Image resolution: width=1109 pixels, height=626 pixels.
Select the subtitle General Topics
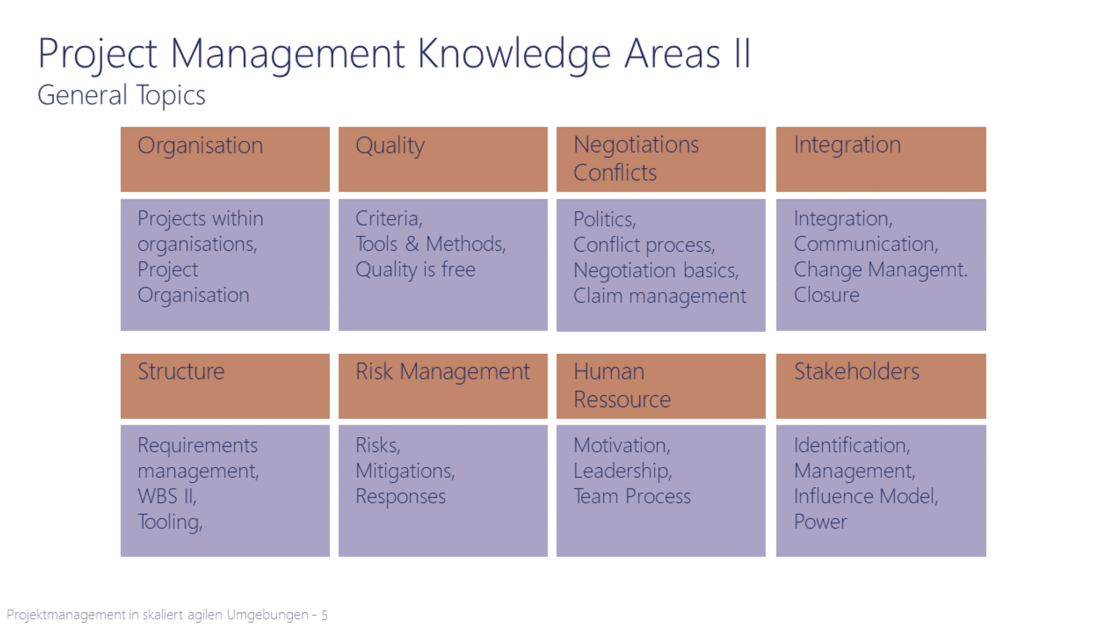[x=121, y=95]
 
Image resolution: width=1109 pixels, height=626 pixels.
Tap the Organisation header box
[x=225, y=159]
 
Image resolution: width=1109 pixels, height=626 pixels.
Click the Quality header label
[x=390, y=146]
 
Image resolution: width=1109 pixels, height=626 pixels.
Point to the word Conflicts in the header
[x=615, y=173]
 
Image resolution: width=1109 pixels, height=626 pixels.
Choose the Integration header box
[x=881, y=159]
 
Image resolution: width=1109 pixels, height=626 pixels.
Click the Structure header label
[x=181, y=372]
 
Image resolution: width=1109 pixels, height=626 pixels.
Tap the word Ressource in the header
[x=622, y=400]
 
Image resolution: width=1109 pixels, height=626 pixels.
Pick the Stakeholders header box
[x=881, y=386]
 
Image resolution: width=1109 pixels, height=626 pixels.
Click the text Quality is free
[x=415, y=270]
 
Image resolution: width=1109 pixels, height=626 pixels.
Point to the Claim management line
[x=660, y=296]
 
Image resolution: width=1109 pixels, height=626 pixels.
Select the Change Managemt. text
[x=881, y=270]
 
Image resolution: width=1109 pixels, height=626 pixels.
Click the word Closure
[x=827, y=295]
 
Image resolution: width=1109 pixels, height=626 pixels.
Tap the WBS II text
[x=167, y=496]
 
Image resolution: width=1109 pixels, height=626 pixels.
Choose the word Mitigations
[x=405, y=471]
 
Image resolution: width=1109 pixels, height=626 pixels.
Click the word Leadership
[x=623, y=471]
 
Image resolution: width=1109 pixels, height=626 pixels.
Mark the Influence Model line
[x=866, y=496]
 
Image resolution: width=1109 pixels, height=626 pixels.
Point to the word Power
[x=820, y=522]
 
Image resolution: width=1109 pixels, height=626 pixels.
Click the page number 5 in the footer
[x=324, y=615]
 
